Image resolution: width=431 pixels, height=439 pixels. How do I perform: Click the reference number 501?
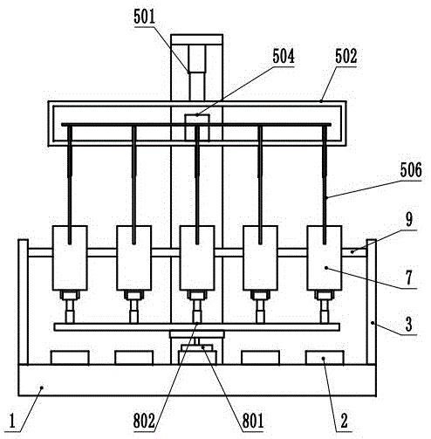pyautogui.click(x=145, y=17)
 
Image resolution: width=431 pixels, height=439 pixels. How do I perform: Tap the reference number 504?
pyautogui.click(x=284, y=56)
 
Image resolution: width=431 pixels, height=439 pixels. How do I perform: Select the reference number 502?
pyautogui.click(x=346, y=56)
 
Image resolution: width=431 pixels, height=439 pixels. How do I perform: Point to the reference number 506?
pyautogui.click(x=411, y=170)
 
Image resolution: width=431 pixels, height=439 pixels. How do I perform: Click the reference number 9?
pyautogui.click(x=409, y=219)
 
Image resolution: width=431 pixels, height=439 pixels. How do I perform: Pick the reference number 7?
pyautogui.click(x=409, y=278)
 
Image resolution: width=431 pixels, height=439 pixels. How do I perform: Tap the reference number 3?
pyautogui.click(x=409, y=324)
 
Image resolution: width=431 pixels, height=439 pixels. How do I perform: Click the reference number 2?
pyautogui.click(x=344, y=421)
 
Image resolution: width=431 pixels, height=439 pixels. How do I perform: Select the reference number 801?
pyautogui.click(x=253, y=421)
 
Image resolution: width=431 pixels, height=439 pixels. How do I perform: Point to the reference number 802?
pyautogui.click(x=144, y=421)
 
